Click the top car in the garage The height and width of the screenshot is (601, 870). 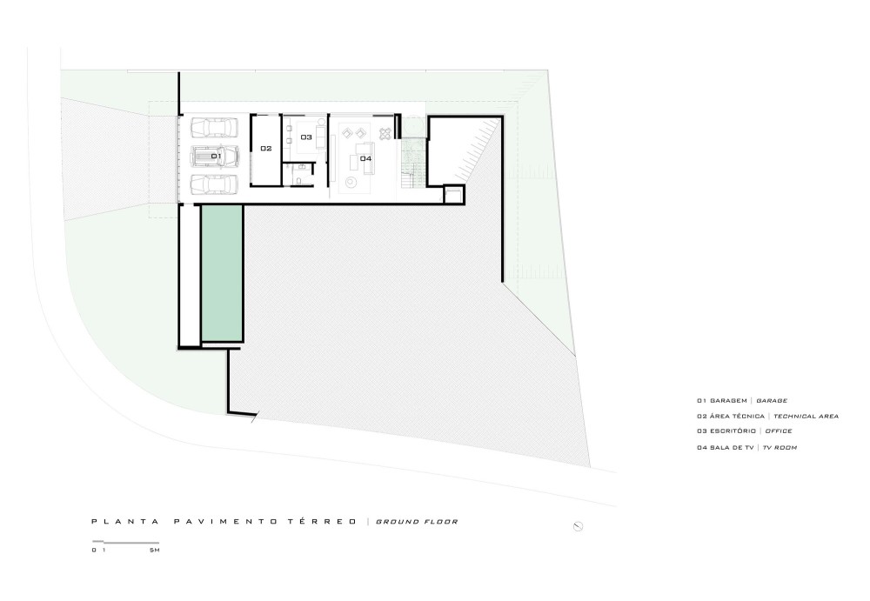[x=214, y=127]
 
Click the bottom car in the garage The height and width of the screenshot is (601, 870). [x=214, y=184]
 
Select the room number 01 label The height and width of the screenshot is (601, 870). [x=216, y=157]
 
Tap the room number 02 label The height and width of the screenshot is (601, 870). [x=265, y=148]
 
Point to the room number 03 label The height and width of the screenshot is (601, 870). [x=306, y=137]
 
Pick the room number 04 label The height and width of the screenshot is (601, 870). [x=365, y=158]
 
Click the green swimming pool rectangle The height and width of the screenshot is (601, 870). [x=221, y=273]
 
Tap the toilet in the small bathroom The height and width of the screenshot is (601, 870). [x=298, y=181]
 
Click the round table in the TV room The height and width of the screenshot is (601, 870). [x=351, y=182]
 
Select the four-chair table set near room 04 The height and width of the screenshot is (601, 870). [x=385, y=134]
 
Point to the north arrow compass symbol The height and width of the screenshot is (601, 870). [x=578, y=526]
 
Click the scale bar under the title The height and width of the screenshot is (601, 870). [x=125, y=542]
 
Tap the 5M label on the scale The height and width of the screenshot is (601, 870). [x=154, y=550]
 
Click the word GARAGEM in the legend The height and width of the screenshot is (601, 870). [x=728, y=401]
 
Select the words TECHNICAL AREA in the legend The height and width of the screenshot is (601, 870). [x=806, y=417]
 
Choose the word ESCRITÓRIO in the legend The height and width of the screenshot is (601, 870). [x=733, y=431]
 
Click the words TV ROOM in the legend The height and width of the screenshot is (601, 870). [x=780, y=447]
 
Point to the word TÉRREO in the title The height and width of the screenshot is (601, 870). [x=323, y=522]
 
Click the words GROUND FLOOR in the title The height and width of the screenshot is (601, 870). [x=417, y=522]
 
